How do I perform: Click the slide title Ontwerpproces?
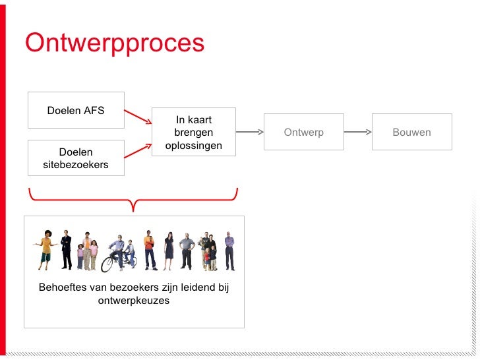pos(115,44)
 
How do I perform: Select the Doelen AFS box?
pos(76,110)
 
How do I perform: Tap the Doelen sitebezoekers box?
pos(76,158)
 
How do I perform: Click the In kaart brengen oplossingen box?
pos(194,132)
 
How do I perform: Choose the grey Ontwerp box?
pos(303,132)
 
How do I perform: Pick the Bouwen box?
pos(411,132)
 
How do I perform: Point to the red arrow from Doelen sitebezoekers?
pos(138,150)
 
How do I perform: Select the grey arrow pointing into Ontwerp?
pos(249,132)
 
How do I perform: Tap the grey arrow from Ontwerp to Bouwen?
pos(358,132)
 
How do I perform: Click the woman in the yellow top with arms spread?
pos(45,250)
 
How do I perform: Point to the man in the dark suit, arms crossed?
pos(66,250)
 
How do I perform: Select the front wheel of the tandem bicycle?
pos(107,264)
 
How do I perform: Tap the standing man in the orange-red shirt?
pos(150,250)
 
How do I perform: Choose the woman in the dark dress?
pos(169,251)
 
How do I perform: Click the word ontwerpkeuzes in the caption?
pos(134,301)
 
